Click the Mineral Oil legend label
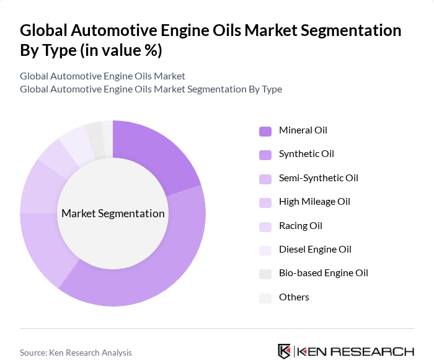tap(303, 130)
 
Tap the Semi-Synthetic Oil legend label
tap(318, 178)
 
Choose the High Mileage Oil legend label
tap(314, 202)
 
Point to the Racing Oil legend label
tap(300, 226)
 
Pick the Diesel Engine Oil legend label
tap(315, 250)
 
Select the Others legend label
tap(294, 297)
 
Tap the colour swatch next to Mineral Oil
tap(265, 131)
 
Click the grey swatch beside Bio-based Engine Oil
tap(265, 274)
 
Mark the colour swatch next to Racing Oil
tap(265, 227)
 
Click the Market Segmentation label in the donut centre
tap(113, 214)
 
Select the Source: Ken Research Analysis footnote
tap(76, 353)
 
